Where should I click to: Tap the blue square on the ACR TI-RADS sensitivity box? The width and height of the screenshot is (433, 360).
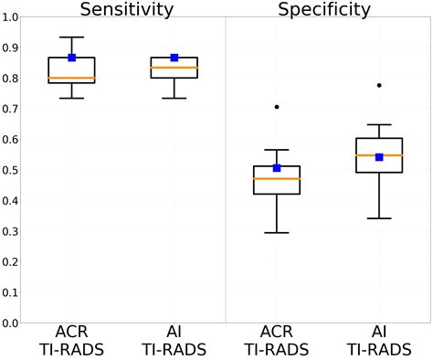[x=72, y=58]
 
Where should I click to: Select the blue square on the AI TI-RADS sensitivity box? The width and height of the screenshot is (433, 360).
[x=174, y=58]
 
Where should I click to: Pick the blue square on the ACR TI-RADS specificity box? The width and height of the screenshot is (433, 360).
[x=277, y=168]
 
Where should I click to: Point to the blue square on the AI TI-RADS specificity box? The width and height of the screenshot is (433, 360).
[x=379, y=157]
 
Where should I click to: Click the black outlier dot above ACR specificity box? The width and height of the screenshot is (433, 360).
[x=277, y=107]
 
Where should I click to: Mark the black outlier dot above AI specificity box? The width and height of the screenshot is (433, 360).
[x=379, y=85]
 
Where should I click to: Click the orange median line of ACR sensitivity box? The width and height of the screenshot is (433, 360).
[x=72, y=78]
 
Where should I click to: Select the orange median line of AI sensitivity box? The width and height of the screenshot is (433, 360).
[x=174, y=68]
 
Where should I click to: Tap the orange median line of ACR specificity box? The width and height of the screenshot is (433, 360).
[x=277, y=178]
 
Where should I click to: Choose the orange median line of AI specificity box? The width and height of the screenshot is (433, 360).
[x=379, y=155]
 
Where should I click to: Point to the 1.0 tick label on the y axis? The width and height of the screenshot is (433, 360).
[x=12, y=17]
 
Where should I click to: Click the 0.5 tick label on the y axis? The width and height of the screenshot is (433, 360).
[x=12, y=170]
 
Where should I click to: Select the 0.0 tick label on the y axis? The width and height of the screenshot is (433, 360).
[x=12, y=323]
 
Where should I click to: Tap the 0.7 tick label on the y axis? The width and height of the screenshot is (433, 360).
[x=12, y=109]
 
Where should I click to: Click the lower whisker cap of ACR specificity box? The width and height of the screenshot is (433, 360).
[x=277, y=233]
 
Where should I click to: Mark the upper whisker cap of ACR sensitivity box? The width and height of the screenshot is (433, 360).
[x=72, y=37]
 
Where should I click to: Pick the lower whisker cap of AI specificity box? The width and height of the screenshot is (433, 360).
[x=379, y=218]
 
